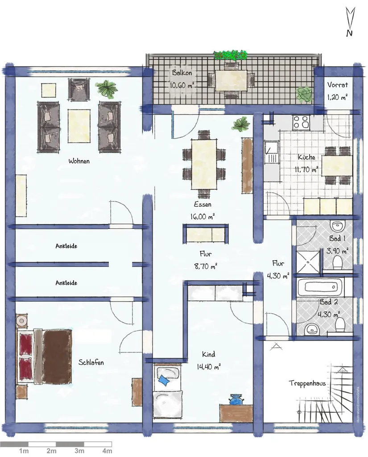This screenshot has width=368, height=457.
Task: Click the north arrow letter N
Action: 349,33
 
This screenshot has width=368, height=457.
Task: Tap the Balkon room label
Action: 182,73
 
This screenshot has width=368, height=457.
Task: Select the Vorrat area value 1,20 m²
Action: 337,97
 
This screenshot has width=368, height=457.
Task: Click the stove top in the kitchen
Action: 301,122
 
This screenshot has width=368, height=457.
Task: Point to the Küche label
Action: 306,157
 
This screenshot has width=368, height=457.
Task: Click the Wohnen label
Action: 79,161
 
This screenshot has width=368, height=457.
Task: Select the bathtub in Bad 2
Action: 320,287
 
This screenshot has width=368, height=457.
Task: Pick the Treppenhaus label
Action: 307,383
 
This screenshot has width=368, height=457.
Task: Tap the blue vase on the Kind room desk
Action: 236,399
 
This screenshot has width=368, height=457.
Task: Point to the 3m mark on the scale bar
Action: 79,451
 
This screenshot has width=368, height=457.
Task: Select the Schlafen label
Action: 91,362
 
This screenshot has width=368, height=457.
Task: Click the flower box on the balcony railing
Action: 230,55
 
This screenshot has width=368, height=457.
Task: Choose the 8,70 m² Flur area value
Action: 206,266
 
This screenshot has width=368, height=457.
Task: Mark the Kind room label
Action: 209,354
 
